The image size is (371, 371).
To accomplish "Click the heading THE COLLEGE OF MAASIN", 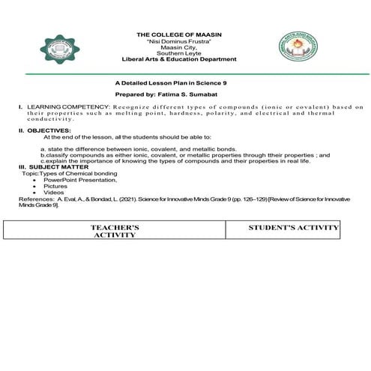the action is click(184, 35).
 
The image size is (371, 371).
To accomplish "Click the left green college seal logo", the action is click(58, 52).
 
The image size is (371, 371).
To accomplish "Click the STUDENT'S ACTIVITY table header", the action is click(293, 226).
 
